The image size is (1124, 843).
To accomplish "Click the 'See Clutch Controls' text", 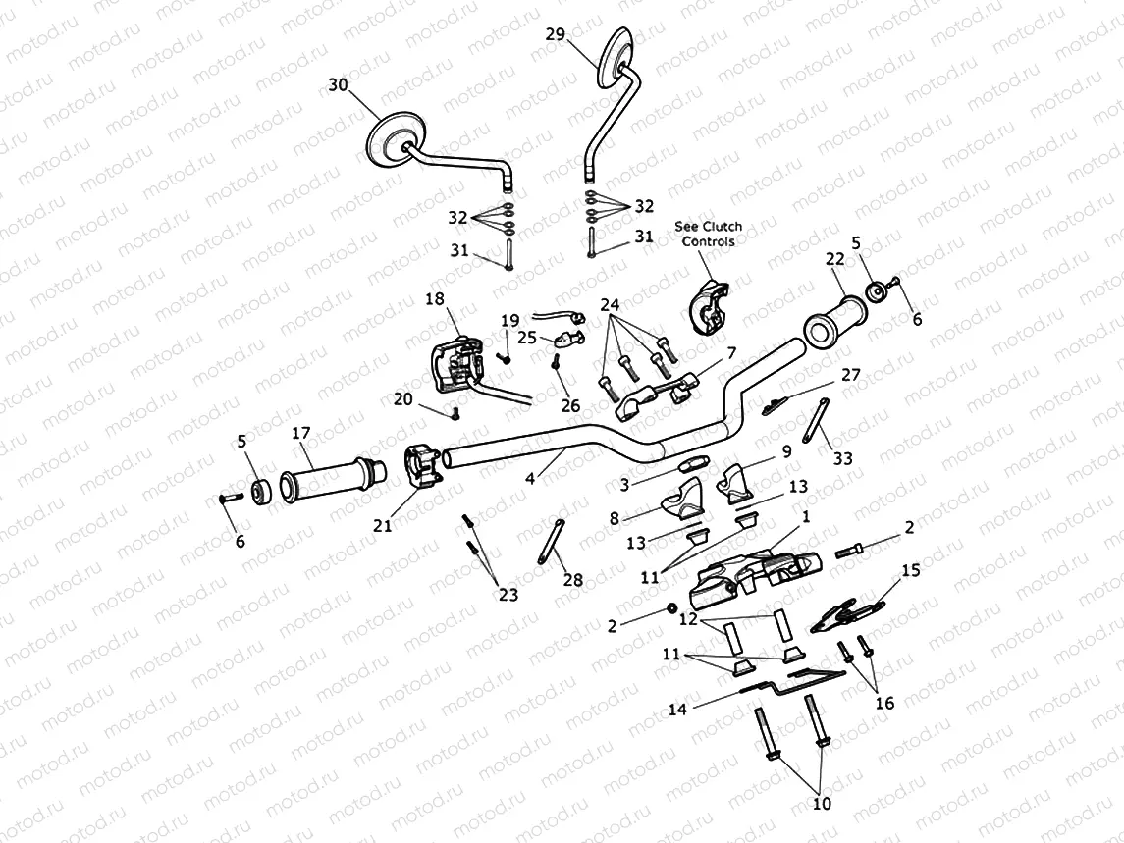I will (x=708, y=233).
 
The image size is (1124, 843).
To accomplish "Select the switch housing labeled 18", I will (x=453, y=362).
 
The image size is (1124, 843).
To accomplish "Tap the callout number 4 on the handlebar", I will (x=532, y=479).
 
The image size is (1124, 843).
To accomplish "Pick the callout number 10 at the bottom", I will (x=822, y=803).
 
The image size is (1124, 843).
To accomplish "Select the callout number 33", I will (x=843, y=457).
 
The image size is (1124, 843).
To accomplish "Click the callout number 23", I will (x=508, y=594).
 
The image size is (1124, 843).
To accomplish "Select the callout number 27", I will (x=850, y=375).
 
